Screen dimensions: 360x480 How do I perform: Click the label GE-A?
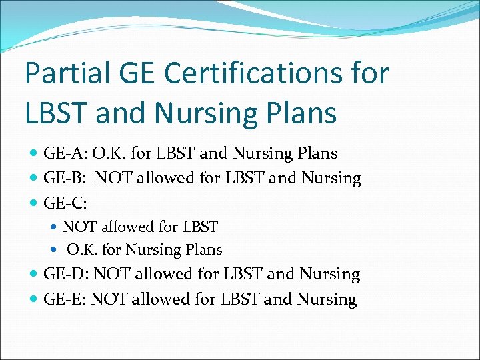65,153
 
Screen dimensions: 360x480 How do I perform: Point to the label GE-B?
65,178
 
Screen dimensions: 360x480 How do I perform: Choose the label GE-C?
65,202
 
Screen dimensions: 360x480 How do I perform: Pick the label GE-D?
66,274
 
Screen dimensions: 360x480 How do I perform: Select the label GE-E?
65,299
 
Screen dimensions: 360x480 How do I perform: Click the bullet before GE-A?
34,154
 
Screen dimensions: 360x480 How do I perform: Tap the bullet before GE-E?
34,299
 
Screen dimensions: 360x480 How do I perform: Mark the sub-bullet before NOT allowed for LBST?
55,227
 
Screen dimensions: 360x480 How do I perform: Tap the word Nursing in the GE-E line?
326,299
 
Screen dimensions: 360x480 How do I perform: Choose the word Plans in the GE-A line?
318,153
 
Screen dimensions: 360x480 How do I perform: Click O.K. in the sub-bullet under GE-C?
83,250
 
